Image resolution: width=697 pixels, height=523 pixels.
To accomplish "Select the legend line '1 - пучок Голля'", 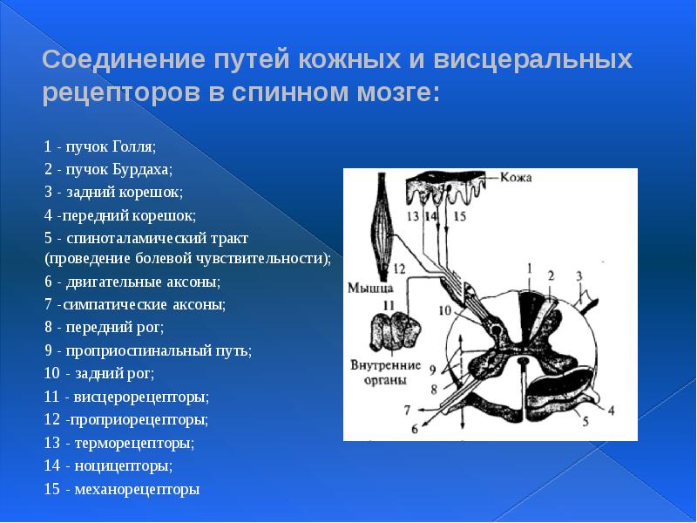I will pos(99,145).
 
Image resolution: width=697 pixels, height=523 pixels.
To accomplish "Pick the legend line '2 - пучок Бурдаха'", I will pos(108,167).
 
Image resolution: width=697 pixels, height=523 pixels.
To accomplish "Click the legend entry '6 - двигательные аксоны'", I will pos(132,282).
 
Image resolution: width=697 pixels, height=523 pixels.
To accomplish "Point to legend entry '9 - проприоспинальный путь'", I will pos(147,350).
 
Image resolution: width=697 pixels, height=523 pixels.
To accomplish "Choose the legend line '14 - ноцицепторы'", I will pos(102,465).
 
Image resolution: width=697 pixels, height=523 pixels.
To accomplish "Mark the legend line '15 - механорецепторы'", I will pos(121,489).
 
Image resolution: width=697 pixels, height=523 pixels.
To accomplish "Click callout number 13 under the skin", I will pos(412,215).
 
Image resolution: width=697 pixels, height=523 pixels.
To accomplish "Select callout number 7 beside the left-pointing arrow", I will pos(406,408).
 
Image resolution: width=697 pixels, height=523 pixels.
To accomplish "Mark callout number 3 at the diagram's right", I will pos(578,276).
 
